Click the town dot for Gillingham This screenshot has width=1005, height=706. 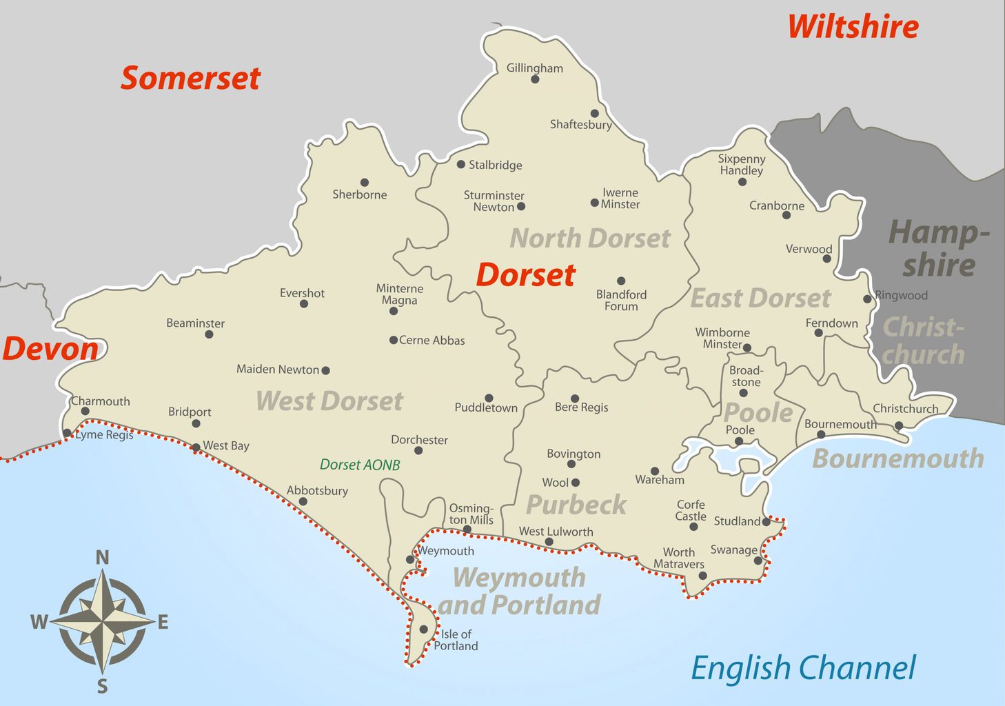pos(535,79)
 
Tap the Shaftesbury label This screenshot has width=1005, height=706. pos(580,125)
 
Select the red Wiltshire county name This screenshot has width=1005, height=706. pos(853,27)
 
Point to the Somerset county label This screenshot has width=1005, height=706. pos(191,78)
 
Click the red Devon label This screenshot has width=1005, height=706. pos(50,349)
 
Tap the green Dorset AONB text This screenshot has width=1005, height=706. pos(360,465)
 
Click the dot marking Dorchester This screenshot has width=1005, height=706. pos(418,451)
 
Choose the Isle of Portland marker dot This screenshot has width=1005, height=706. pos(423,629)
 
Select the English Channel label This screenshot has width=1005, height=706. pos(803,668)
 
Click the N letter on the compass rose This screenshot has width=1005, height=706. pos(102,557)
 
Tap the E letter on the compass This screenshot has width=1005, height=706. pos(163,623)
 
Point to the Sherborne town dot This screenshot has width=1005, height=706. pos(365,183)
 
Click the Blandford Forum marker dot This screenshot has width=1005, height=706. pos(621,281)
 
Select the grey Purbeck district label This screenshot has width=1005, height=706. pos(576,505)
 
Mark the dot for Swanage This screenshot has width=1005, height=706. pos(758,561)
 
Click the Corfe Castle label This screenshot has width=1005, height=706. pos(691,510)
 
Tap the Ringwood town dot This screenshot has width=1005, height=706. pos(867,299)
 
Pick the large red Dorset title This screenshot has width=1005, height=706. pos(525,275)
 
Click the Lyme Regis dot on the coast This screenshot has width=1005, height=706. pos(67,433)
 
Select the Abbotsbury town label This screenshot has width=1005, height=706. pos(317,491)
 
